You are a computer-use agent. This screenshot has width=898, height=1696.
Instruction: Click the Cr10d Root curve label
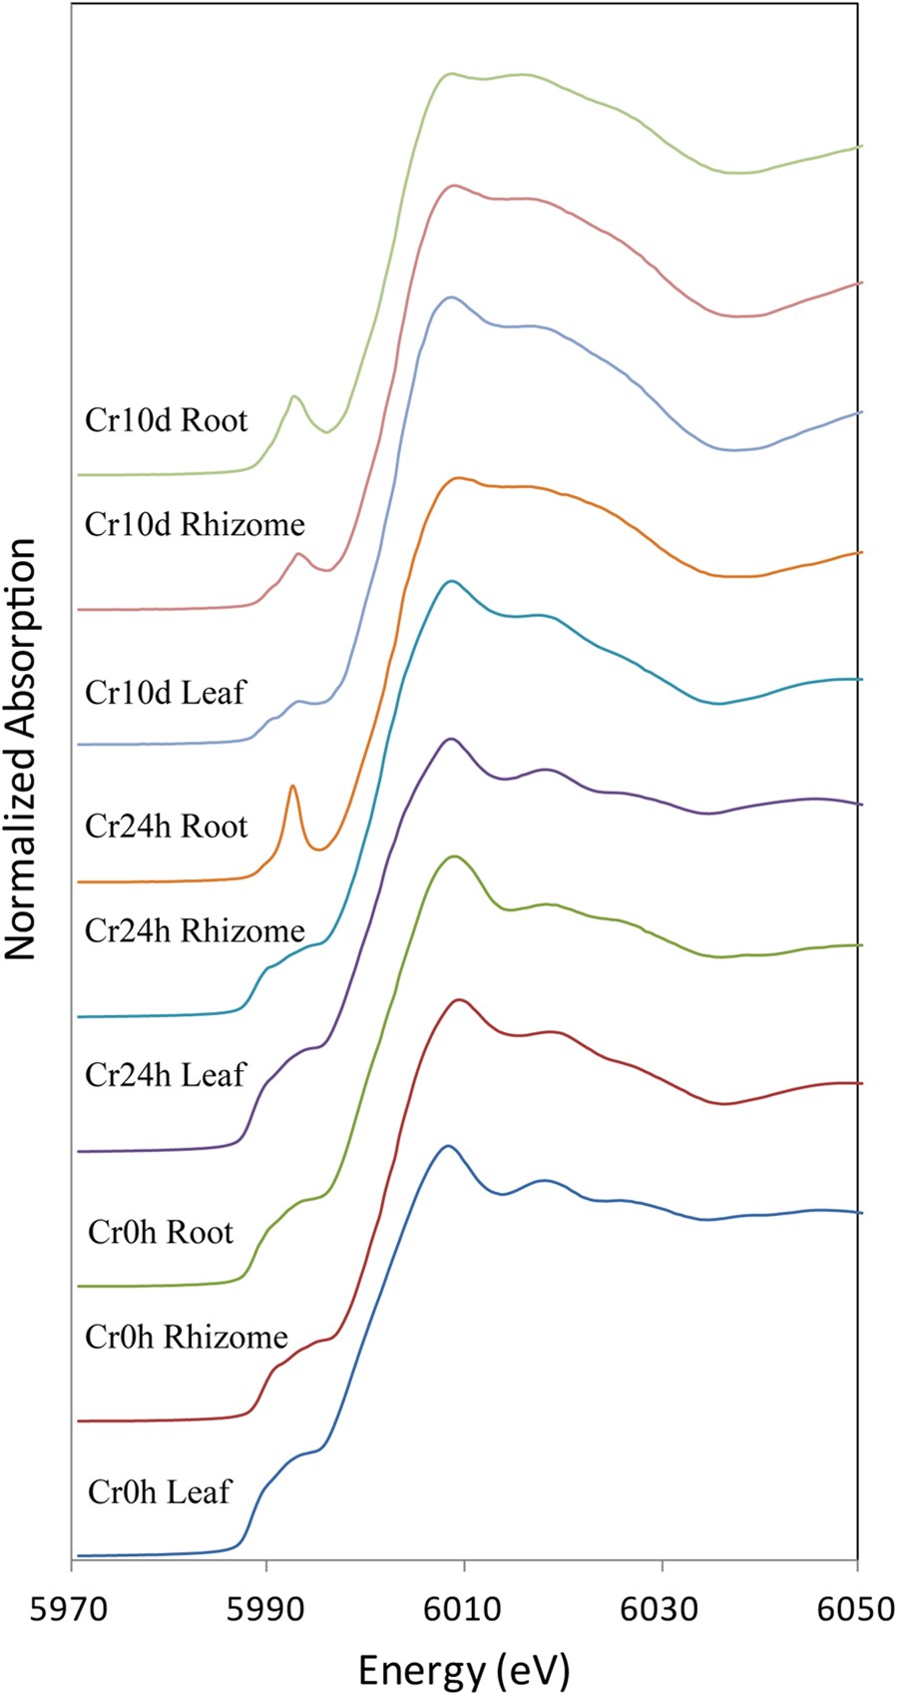pos(166,420)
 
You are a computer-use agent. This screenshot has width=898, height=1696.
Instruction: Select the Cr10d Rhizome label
pos(195,524)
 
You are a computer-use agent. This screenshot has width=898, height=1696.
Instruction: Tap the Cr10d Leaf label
pos(165,692)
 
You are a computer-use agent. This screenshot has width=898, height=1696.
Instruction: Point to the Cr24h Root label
pos(166,826)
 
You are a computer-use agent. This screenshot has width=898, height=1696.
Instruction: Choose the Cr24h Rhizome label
pos(195,931)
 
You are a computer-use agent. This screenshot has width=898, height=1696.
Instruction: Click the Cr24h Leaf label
pos(165,1075)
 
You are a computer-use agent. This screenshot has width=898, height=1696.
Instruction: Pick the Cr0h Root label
pos(161,1232)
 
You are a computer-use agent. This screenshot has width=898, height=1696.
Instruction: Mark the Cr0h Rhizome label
pos(187,1337)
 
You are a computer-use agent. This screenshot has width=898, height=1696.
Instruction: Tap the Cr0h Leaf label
pos(160,1492)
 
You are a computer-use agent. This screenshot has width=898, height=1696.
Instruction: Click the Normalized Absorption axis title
pos(22,749)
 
